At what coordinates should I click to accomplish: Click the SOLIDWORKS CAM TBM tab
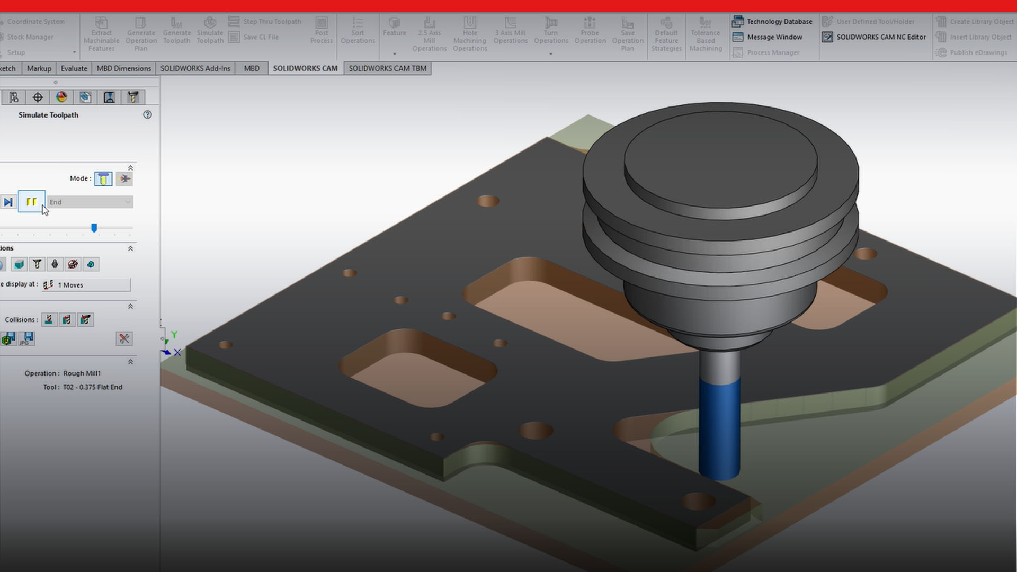(x=387, y=68)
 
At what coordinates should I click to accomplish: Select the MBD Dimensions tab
(x=123, y=68)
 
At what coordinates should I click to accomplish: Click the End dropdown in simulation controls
(x=90, y=202)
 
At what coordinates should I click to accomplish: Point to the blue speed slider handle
(x=94, y=228)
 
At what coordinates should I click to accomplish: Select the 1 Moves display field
(x=93, y=285)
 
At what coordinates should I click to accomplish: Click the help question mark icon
(x=147, y=115)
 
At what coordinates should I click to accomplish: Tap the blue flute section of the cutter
(x=719, y=429)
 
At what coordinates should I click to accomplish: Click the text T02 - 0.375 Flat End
(x=93, y=387)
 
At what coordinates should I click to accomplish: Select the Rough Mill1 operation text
(x=82, y=373)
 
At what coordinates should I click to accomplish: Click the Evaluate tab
(x=74, y=68)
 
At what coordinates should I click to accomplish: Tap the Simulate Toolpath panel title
(x=48, y=115)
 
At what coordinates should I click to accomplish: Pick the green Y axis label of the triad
(x=174, y=335)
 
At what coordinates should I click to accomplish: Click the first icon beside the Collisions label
(x=49, y=320)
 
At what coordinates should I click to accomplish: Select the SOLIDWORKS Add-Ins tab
(x=195, y=68)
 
